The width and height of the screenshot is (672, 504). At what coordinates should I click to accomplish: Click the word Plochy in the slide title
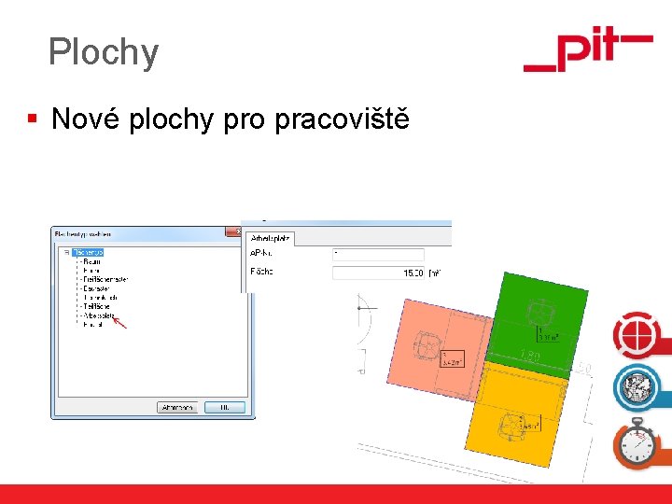[104, 52]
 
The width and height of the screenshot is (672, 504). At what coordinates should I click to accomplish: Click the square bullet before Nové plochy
[33, 119]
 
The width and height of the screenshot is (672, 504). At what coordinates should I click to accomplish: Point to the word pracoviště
[342, 119]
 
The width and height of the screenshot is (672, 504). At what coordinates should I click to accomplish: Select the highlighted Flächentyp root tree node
[88, 252]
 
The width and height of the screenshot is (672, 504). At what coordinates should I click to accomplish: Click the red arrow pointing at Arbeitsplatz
[120, 322]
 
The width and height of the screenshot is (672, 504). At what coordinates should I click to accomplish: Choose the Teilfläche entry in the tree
[97, 306]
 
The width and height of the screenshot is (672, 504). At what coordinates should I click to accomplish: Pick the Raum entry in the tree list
[92, 261]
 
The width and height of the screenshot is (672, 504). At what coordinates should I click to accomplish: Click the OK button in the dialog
[224, 407]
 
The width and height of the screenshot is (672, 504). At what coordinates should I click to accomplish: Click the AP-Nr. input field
[377, 255]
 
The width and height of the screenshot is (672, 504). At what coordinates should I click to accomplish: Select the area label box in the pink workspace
[452, 358]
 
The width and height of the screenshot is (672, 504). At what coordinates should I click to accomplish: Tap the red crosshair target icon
[636, 333]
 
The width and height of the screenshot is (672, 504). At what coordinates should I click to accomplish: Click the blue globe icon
[637, 385]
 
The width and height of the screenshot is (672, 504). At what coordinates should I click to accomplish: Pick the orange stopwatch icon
[637, 442]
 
